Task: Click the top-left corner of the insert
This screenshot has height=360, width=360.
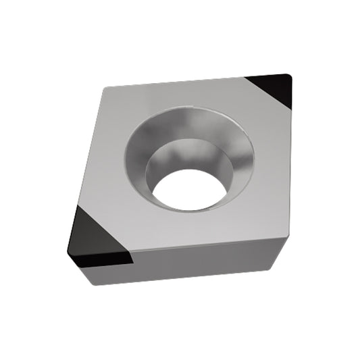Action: point(105,88)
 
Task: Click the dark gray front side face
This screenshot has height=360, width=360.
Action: point(203,263)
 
